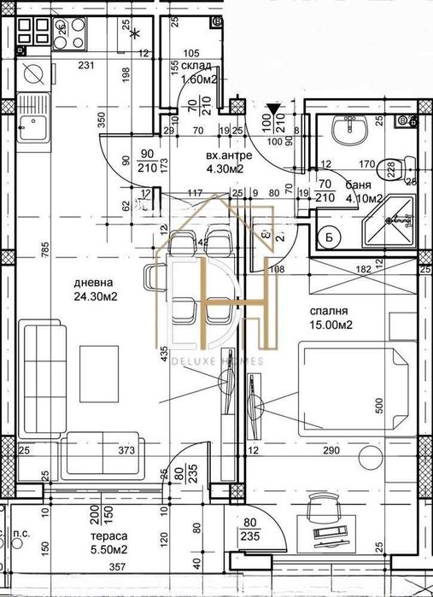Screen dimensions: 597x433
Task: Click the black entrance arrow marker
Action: (x=272, y=108)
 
